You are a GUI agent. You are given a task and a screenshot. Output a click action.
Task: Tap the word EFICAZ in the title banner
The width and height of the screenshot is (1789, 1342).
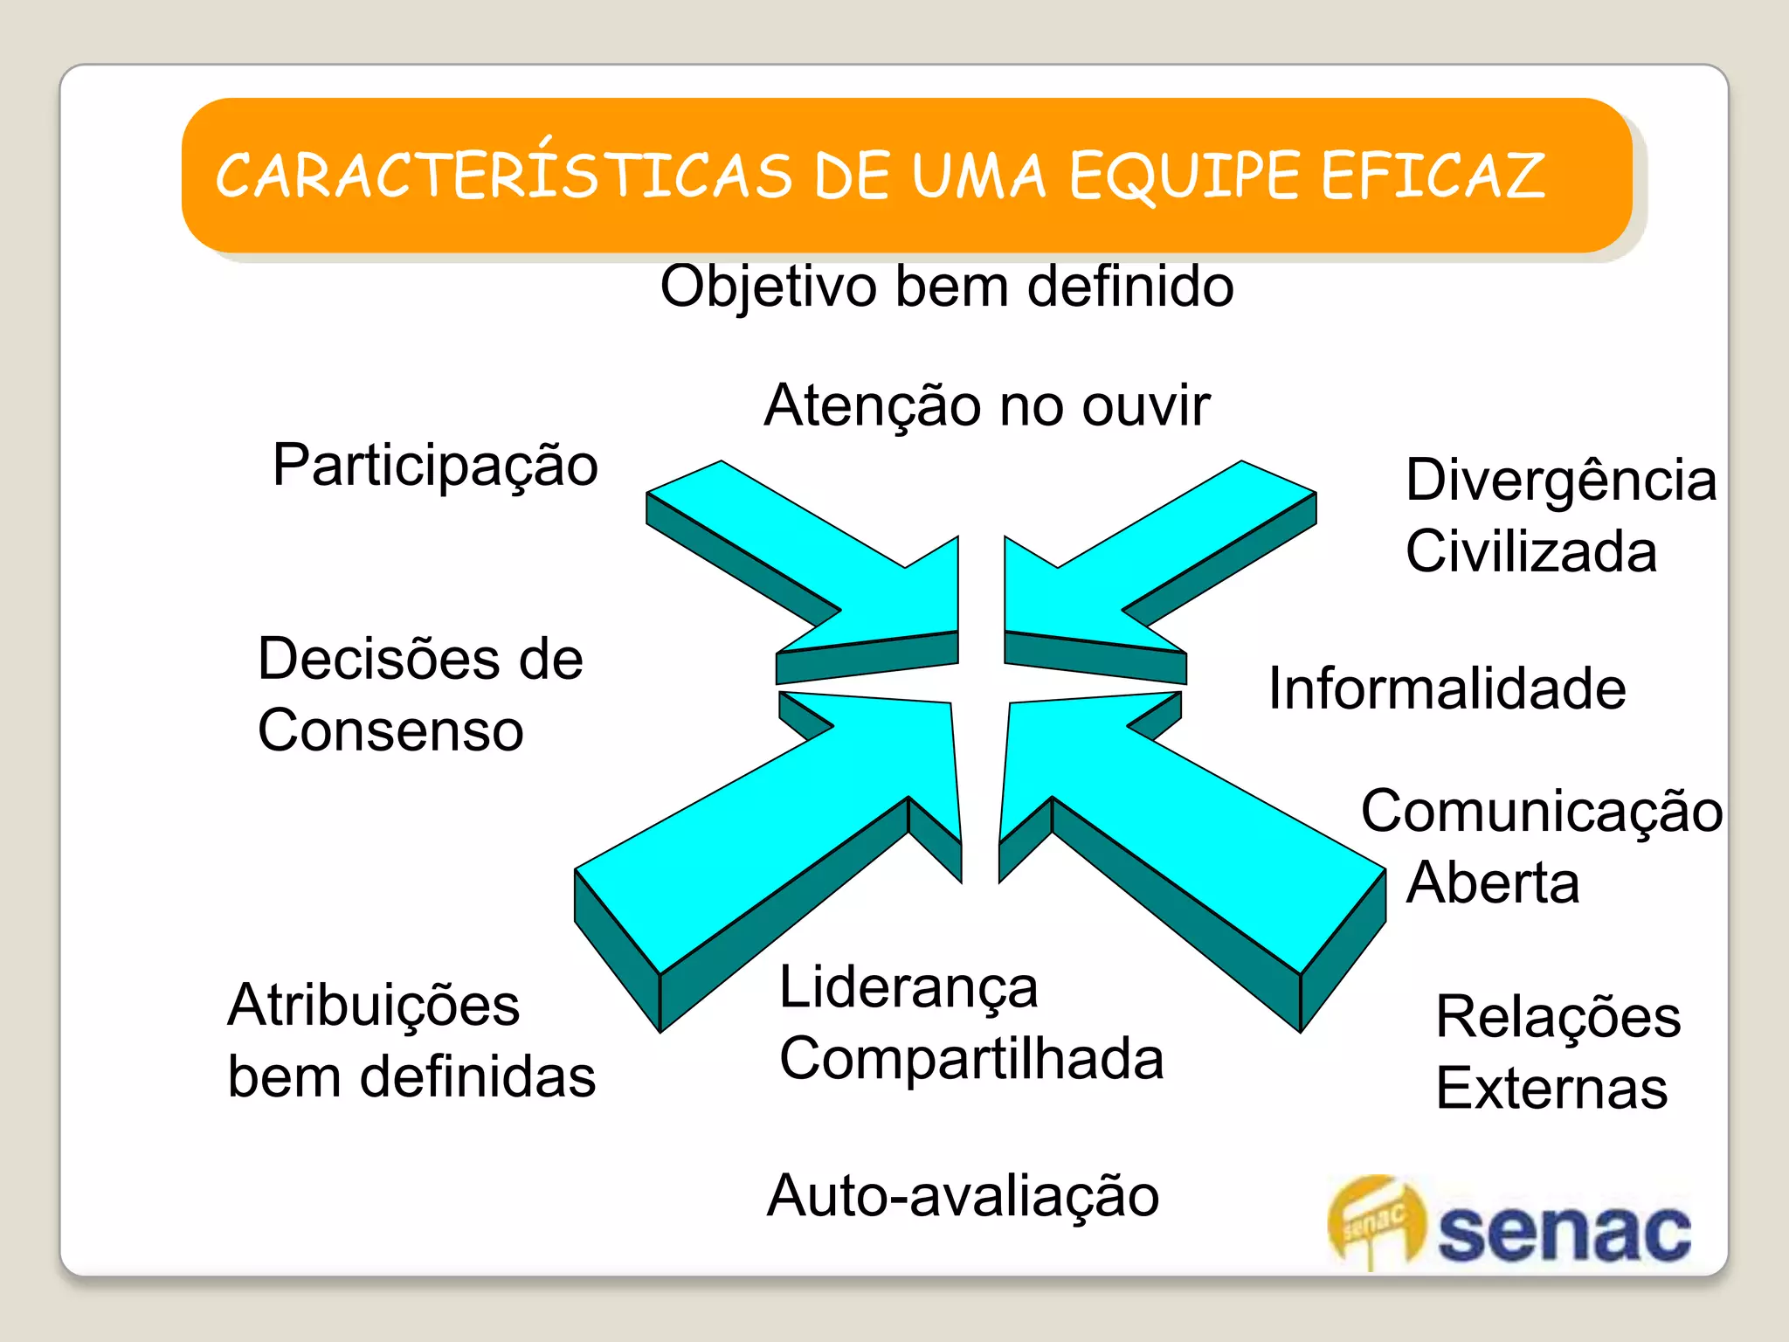tap(1433, 176)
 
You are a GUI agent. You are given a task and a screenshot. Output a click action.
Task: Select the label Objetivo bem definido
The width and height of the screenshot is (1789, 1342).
tap(947, 287)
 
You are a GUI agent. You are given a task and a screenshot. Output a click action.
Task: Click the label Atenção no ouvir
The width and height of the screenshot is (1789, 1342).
tap(987, 405)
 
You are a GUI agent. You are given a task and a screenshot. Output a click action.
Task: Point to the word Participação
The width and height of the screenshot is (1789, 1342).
tap(435, 466)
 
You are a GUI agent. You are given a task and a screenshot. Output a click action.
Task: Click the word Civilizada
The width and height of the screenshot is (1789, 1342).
tap(1531, 551)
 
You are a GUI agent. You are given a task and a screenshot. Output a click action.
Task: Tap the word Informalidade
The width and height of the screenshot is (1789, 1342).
tap(1447, 688)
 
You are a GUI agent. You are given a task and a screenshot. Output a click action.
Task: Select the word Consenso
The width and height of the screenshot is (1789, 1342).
tap(390, 730)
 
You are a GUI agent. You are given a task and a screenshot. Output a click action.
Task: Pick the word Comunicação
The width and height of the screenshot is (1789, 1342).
tap(1542, 811)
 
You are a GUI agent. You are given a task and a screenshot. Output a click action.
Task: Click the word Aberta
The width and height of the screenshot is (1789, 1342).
tap(1493, 882)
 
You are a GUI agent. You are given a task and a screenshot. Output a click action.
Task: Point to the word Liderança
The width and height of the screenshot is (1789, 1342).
tap(908, 987)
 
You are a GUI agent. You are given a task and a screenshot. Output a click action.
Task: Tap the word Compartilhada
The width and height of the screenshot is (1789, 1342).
tap(971, 1059)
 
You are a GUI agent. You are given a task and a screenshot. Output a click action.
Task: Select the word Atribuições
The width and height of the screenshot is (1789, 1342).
tap(374, 1005)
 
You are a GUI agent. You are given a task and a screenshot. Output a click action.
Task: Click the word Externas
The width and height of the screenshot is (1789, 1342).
tap(1552, 1089)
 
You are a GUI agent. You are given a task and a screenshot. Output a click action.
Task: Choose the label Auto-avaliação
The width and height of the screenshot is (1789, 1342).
tap(963, 1195)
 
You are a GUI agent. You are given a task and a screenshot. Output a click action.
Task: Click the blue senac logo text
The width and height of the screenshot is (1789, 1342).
tap(1564, 1232)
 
